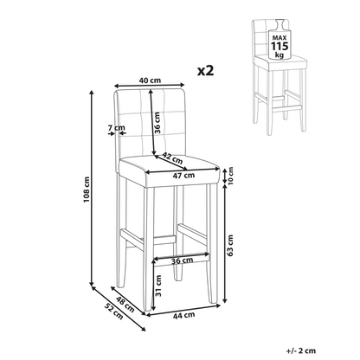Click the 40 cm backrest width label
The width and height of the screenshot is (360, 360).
click(x=150, y=80)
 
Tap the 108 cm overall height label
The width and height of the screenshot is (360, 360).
click(x=87, y=190)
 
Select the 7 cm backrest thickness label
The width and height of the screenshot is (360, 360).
click(x=117, y=127)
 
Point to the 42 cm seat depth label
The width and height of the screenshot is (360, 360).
click(x=172, y=157)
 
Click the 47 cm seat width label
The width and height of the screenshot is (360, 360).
click(x=183, y=175)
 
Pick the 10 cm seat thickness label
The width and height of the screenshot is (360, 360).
click(x=230, y=176)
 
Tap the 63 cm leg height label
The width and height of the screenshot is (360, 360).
click(x=230, y=245)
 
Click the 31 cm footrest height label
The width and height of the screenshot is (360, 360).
click(x=158, y=286)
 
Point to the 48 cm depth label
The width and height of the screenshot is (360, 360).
click(x=125, y=304)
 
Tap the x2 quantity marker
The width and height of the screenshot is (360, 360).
click(x=206, y=70)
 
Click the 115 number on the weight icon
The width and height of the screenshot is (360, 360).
click(x=280, y=46)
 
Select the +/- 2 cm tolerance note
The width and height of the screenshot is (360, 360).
click(x=301, y=350)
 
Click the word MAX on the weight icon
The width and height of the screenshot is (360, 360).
click(x=280, y=38)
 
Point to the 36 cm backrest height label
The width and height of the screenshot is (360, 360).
click(x=157, y=123)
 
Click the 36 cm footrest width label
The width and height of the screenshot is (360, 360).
click(x=182, y=260)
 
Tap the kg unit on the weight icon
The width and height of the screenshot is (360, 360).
click(x=280, y=55)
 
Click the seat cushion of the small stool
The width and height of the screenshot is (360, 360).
click(x=281, y=63)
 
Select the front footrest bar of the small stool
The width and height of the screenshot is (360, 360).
click(x=286, y=109)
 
